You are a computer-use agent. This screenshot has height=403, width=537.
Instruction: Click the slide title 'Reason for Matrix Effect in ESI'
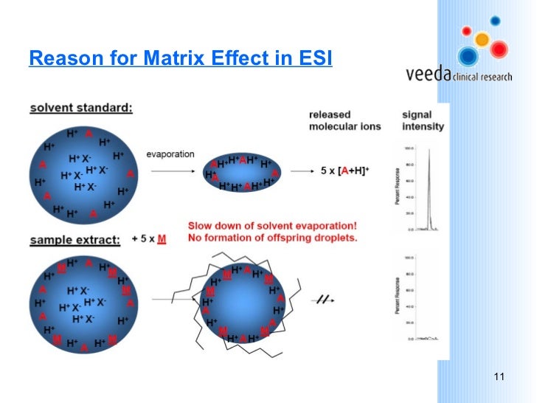click(x=181, y=58)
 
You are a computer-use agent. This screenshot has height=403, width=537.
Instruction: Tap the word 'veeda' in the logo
click(x=428, y=75)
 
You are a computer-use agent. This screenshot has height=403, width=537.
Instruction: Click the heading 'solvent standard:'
click(x=81, y=108)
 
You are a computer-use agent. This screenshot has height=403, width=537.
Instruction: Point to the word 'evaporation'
click(x=170, y=154)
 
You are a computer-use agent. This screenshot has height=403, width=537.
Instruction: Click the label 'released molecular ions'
click(x=344, y=120)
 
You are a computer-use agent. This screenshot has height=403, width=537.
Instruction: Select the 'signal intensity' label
click(x=423, y=120)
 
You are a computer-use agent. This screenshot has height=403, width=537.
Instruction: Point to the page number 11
click(x=499, y=378)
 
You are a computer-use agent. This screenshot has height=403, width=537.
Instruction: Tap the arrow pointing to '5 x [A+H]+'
click(x=303, y=171)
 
